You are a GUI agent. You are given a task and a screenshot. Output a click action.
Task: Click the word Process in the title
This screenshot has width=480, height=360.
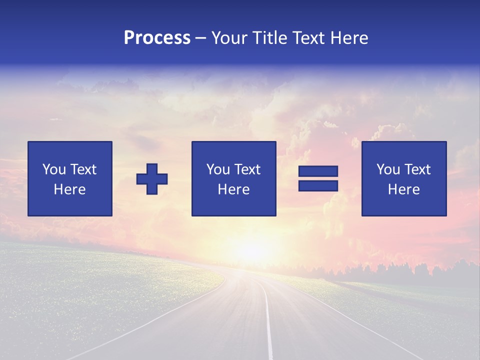(x=157, y=38)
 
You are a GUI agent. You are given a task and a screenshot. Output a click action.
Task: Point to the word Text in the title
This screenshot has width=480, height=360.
(x=306, y=38)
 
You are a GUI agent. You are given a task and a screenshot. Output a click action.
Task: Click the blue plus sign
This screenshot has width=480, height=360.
(x=152, y=179)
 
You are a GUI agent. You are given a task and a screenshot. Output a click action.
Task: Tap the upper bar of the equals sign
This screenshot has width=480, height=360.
(x=318, y=171)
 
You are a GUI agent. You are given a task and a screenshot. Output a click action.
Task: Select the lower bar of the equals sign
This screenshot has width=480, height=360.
(x=318, y=185)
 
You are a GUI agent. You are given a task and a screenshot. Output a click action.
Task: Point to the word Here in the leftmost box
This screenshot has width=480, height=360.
(x=70, y=189)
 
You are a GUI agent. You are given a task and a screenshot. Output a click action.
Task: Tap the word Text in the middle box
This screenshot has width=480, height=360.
(x=248, y=169)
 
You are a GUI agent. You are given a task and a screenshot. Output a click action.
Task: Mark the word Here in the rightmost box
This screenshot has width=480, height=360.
(x=404, y=189)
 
